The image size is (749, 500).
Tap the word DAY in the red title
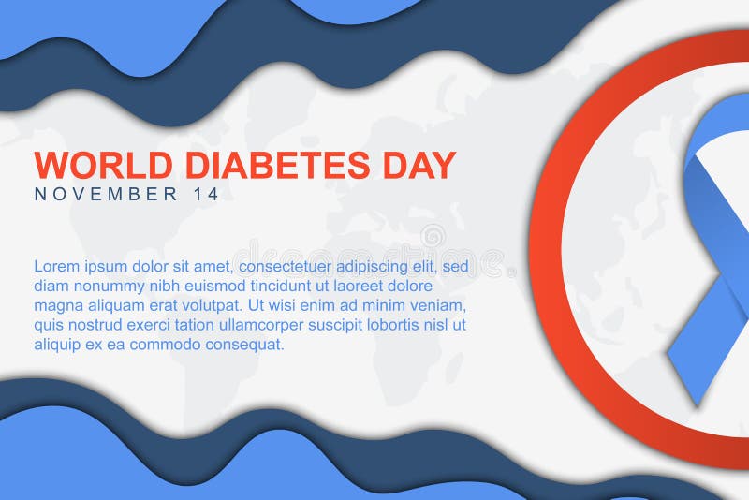click(417, 165)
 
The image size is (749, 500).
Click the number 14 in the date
click(208, 195)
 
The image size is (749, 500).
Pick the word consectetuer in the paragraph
click(286, 266)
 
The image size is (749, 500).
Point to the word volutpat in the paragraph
click(206, 305)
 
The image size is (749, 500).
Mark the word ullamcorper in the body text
click(267, 325)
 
